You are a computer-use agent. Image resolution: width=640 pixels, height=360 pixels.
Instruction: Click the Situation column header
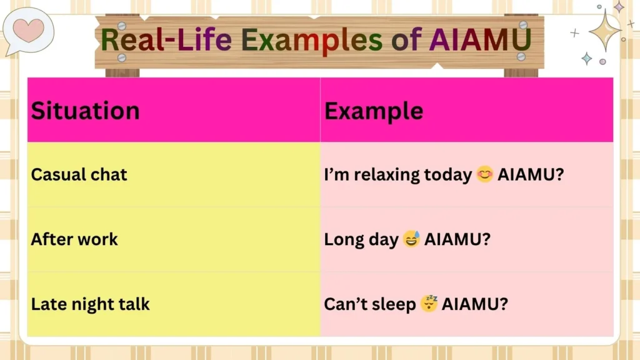[x=86, y=111]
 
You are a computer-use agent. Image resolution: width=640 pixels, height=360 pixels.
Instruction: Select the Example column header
[x=374, y=111]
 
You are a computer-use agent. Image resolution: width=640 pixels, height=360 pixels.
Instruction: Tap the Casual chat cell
[x=79, y=174]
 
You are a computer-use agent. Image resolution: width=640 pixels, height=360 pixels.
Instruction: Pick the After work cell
[x=74, y=239]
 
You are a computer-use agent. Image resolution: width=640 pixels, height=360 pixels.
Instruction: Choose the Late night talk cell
[x=91, y=304]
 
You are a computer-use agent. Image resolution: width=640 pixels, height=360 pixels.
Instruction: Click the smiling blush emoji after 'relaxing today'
[x=484, y=174]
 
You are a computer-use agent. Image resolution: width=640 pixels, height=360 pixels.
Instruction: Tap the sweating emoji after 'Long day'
[x=411, y=239]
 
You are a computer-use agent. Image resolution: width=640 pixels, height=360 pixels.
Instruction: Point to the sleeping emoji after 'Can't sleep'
[x=429, y=304]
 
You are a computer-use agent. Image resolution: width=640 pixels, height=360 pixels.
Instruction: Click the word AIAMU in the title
[x=480, y=40]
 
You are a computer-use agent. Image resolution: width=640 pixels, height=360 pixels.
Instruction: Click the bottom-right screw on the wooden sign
[x=521, y=56]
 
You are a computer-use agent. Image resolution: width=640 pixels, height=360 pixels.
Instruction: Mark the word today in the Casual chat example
[x=447, y=175]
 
